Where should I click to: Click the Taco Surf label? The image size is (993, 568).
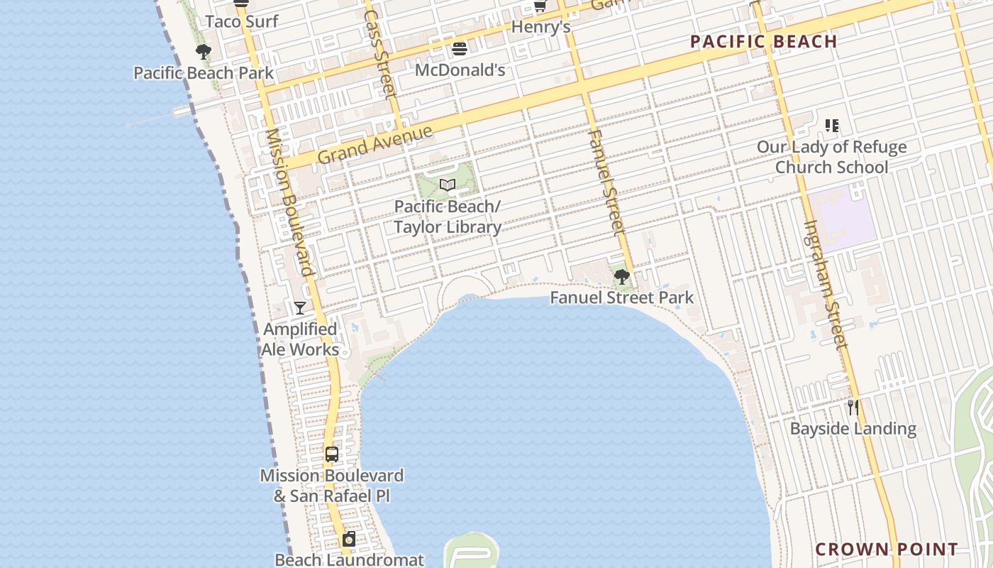(x=242, y=21)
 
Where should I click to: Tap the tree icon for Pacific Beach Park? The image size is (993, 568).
(x=204, y=52)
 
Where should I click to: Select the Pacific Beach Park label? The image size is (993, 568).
(x=204, y=72)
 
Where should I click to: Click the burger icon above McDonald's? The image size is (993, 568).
(x=460, y=49)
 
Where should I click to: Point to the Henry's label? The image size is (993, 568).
(x=541, y=27)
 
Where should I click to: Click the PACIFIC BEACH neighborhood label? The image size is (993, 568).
(x=764, y=42)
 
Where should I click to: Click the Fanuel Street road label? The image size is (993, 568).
(x=607, y=182)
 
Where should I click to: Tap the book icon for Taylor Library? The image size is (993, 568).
(x=447, y=185)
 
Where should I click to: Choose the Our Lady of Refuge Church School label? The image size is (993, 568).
(x=831, y=157)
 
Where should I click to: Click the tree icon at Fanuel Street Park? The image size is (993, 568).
(x=622, y=277)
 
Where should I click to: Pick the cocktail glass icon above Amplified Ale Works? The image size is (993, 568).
(x=300, y=308)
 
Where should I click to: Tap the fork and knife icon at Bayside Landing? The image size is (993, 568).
(x=853, y=408)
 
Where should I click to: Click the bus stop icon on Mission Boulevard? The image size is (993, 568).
(x=331, y=454)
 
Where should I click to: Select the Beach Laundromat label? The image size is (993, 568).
(x=349, y=559)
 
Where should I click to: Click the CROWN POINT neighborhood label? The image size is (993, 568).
(x=887, y=549)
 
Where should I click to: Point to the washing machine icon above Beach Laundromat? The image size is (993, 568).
(x=349, y=540)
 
